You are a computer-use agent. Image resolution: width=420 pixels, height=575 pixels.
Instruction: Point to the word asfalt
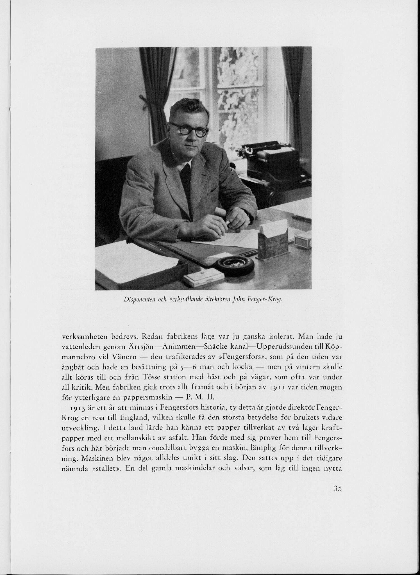(187, 438)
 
